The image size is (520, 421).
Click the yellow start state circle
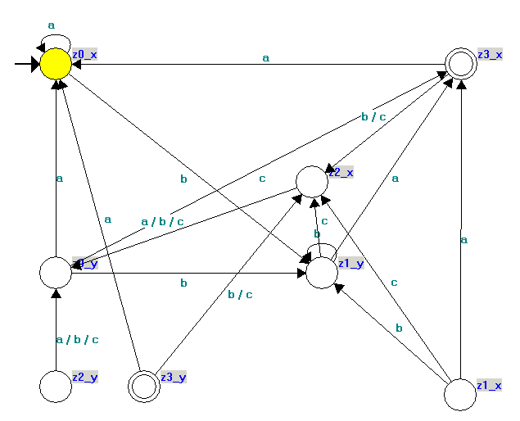point(56,64)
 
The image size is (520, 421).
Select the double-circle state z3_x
point(461,64)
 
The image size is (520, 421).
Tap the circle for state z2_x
point(311,181)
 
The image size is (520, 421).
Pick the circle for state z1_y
point(322,273)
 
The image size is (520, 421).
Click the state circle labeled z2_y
point(56,385)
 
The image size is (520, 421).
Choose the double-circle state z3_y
point(144,385)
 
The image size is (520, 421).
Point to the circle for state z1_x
point(460,395)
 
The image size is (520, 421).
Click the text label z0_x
point(85,53)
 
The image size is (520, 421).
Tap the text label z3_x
point(491,53)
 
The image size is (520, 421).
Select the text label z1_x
point(490,384)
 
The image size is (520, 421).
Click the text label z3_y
point(174,377)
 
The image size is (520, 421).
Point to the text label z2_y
point(85,377)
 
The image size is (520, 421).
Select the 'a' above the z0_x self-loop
point(52,25)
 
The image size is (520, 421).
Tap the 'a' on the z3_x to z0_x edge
point(265,58)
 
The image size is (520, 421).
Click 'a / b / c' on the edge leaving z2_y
point(78,339)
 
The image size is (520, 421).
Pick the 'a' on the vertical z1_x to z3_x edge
point(463,240)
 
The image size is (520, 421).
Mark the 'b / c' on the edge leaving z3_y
point(240,294)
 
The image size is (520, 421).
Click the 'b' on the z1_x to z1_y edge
point(400,328)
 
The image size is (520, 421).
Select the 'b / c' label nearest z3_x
point(373,117)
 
